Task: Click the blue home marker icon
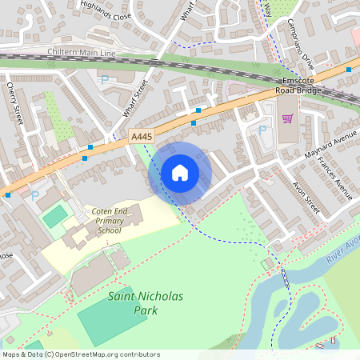click(180, 172)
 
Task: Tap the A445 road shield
click(142, 138)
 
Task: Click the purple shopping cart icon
click(287, 118)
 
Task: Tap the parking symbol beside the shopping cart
click(262, 130)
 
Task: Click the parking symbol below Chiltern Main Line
click(105, 79)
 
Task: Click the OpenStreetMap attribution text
click(80, 354)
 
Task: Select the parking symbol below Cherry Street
click(34, 194)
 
